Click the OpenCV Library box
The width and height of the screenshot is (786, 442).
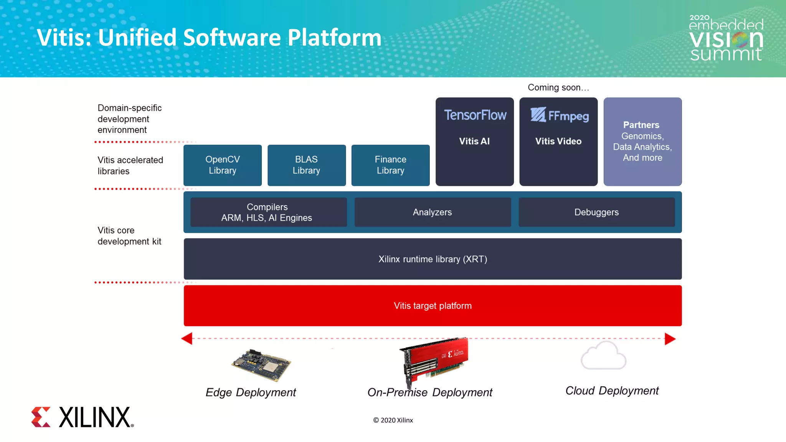[223, 165]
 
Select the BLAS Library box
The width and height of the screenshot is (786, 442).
[306, 165]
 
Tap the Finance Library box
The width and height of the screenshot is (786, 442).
[390, 165]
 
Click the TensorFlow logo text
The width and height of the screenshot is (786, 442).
[475, 115]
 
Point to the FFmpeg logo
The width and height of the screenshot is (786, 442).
[559, 115]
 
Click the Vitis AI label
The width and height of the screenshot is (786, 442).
[474, 141]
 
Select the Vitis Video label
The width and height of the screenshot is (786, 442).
[558, 141]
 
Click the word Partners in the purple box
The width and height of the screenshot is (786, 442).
[641, 125]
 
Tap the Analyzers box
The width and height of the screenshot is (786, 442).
[433, 212]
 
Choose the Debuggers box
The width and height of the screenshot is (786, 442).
[596, 212]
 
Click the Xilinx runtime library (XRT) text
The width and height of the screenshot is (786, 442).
[433, 259]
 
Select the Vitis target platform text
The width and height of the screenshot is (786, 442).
[433, 306]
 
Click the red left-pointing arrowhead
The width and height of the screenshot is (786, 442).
[187, 338]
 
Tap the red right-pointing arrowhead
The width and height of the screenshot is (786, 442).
[670, 339]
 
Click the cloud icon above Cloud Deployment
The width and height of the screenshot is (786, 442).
[603, 356]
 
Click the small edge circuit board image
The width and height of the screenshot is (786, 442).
[261, 365]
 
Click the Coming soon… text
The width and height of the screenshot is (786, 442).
[558, 87]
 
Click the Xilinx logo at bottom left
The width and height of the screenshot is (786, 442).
[82, 417]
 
